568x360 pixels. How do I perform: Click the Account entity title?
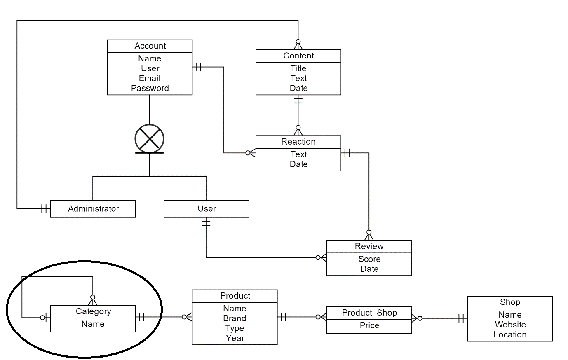point(150,46)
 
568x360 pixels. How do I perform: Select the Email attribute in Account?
point(150,78)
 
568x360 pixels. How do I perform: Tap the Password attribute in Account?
point(150,88)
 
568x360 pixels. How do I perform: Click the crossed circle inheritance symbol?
point(149,139)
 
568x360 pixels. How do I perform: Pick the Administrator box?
point(93,209)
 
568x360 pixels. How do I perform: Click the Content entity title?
point(298,56)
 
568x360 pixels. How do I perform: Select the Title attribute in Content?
point(298,68)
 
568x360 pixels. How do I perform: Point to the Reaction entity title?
point(298,142)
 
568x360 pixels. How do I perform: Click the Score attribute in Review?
point(369,259)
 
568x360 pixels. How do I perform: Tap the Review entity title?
point(369,246)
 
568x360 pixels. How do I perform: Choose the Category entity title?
point(93,311)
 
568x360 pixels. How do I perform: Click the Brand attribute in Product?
point(235,318)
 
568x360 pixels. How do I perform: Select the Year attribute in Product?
point(235,338)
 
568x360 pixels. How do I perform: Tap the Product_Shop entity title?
point(369,313)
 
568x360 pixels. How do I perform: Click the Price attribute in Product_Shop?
point(369,325)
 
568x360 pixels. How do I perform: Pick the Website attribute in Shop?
point(510,325)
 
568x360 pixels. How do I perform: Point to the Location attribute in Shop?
point(510,334)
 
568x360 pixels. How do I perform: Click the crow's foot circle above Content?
point(298,42)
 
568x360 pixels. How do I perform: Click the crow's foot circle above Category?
point(93,297)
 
